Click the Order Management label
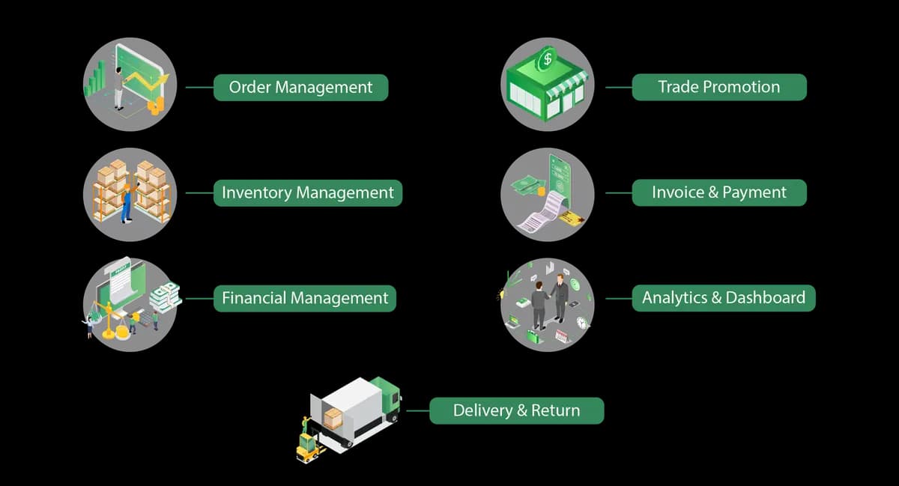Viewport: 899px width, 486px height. (x=300, y=88)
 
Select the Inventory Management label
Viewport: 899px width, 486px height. (x=308, y=193)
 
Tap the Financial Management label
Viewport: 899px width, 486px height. (x=305, y=299)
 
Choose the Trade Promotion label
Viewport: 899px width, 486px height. (x=719, y=87)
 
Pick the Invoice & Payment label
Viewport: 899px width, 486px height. (x=719, y=192)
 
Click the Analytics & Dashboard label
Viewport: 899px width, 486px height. (x=724, y=298)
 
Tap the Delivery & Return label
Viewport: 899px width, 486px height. (x=516, y=411)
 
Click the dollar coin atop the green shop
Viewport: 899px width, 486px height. (x=547, y=59)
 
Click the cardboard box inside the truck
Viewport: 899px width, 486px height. (x=333, y=419)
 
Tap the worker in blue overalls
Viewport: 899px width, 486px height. (x=127, y=203)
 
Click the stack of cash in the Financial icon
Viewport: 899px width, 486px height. (x=166, y=297)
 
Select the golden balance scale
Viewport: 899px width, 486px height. (x=109, y=319)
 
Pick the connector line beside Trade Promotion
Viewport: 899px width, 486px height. (x=619, y=87)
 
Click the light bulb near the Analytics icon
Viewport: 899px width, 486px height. (x=501, y=295)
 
